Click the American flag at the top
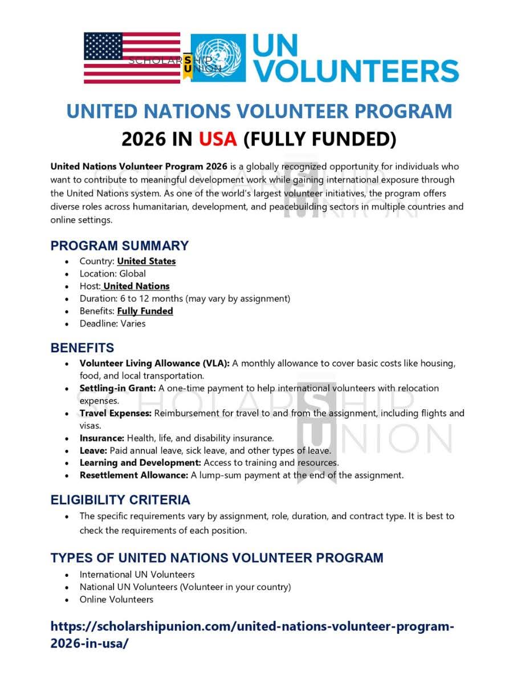tap(132, 58)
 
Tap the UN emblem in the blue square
tap(218, 58)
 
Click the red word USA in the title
tap(218, 139)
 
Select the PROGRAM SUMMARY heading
tap(119, 246)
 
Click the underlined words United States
tap(146, 262)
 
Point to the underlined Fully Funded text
tap(145, 311)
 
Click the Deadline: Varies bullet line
tap(112, 324)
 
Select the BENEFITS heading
tap(82, 348)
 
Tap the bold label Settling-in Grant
tap(117, 388)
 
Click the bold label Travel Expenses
tap(115, 413)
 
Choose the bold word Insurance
tap(101, 438)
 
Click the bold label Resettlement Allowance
tap(133, 475)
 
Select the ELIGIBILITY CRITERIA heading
tap(120, 500)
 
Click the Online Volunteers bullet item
tap(116, 600)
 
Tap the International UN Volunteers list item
tap(137, 575)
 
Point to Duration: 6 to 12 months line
tap(185, 299)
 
